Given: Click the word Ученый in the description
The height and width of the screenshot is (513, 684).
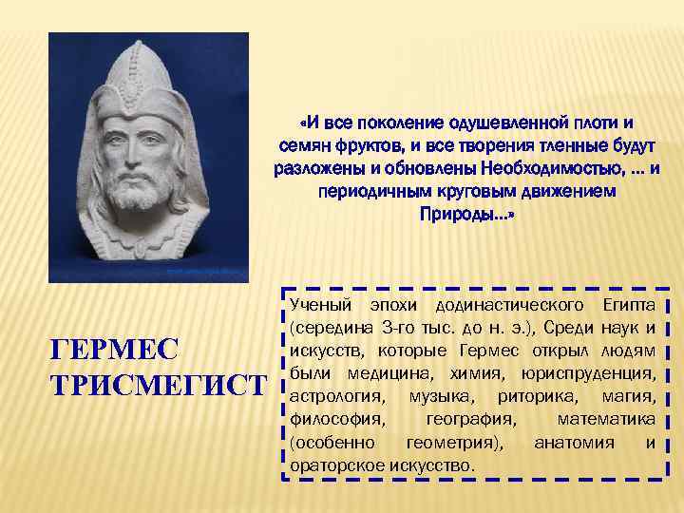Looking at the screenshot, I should [322, 306].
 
